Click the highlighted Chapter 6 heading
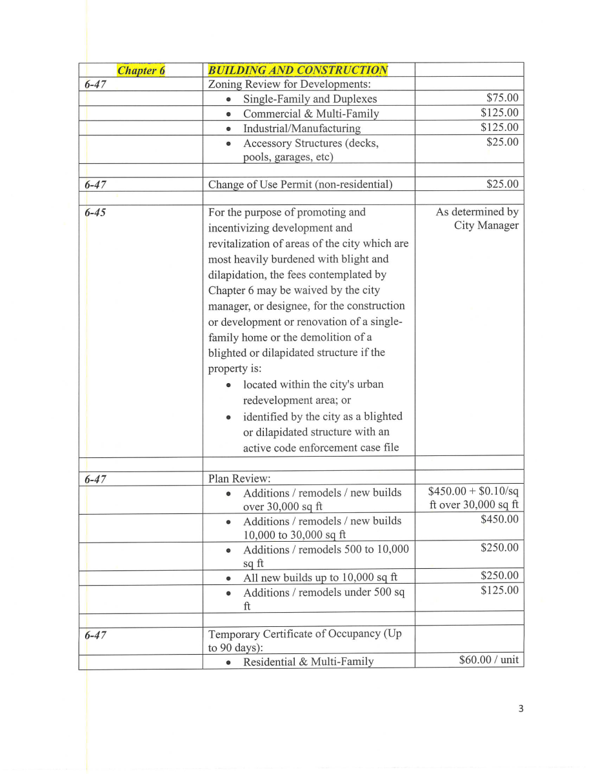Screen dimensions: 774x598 141,70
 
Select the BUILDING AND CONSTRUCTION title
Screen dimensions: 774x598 298,70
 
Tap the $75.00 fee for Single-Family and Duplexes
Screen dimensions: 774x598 502,99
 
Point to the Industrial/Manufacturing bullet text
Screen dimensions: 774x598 301,128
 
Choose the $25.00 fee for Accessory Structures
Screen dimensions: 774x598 502,142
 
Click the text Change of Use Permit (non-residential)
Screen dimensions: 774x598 300,184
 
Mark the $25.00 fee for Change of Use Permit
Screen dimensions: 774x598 502,184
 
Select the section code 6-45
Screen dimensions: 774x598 95,212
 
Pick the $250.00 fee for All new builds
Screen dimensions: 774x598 499,576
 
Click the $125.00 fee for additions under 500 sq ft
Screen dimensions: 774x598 499,591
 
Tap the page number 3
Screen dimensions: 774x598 521,709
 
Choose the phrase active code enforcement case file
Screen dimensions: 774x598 321,447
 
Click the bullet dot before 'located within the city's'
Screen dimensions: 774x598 229,385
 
